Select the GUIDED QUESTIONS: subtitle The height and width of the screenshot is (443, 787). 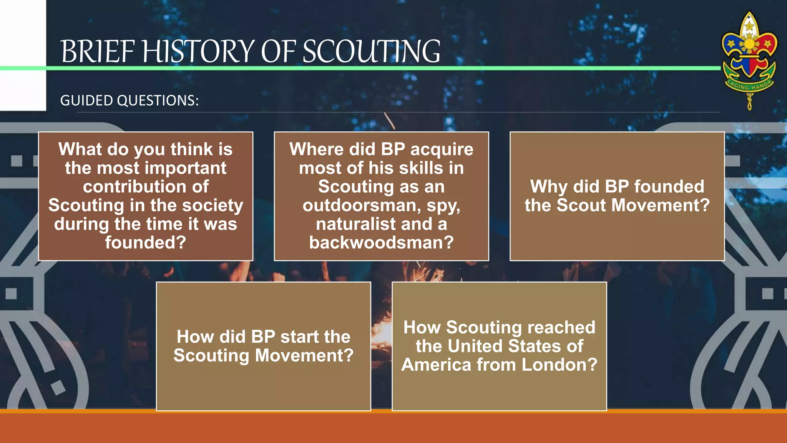pos(130,101)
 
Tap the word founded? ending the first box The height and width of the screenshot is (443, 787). pos(146,243)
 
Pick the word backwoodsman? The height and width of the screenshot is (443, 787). pos(382,243)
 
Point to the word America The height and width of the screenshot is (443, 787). pos(436,365)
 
